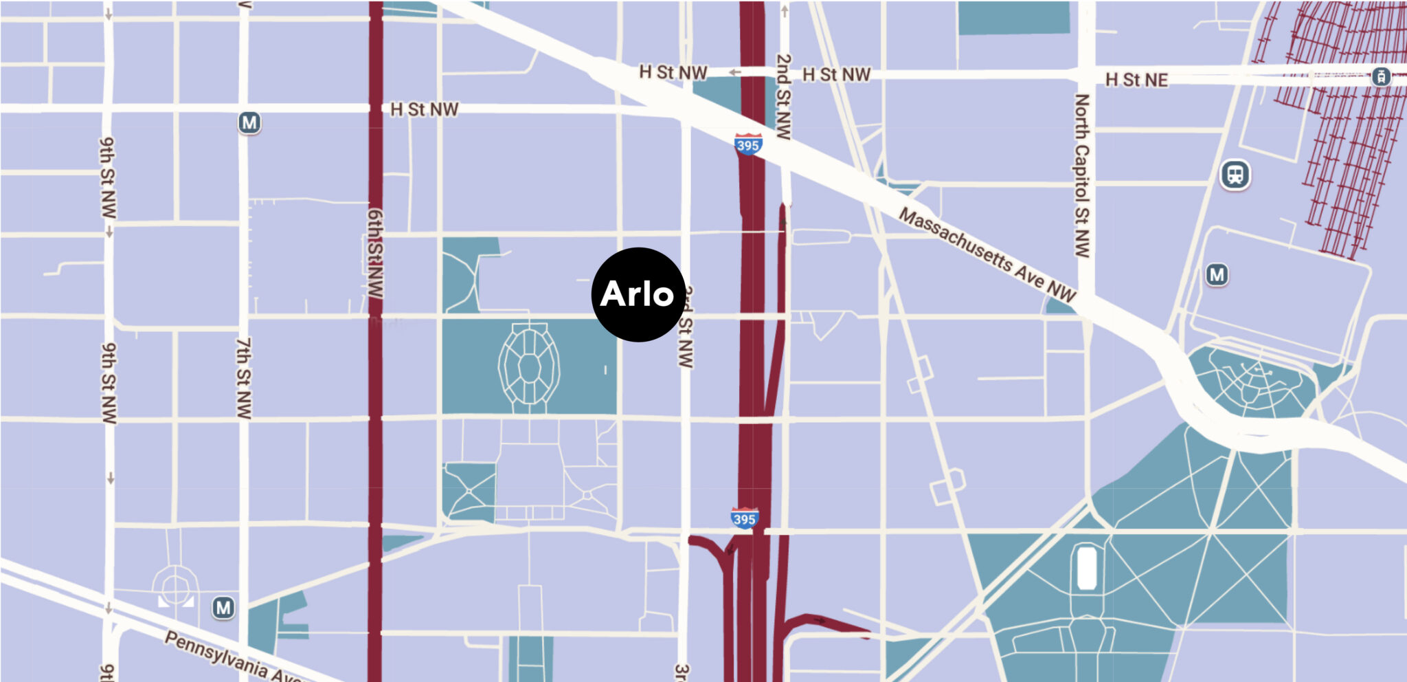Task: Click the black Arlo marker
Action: click(638, 294)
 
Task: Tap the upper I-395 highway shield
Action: click(747, 144)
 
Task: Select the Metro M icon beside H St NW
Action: click(249, 123)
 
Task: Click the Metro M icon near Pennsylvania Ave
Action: click(223, 608)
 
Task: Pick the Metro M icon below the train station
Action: click(1217, 275)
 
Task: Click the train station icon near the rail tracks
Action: click(1235, 175)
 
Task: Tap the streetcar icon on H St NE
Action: click(1381, 76)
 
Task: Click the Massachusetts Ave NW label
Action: click(987, 254)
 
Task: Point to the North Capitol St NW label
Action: click(1081, 175)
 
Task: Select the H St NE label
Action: click(1136, 80)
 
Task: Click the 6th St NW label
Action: click(375, 253)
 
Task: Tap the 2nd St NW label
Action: click(783, 96)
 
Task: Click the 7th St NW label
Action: click(244, 377)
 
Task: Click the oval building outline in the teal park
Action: click(529, 366)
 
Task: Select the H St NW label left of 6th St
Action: click(424, 109)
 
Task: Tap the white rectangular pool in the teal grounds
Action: click(1086, 567)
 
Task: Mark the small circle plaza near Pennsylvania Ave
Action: click(176, 588)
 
